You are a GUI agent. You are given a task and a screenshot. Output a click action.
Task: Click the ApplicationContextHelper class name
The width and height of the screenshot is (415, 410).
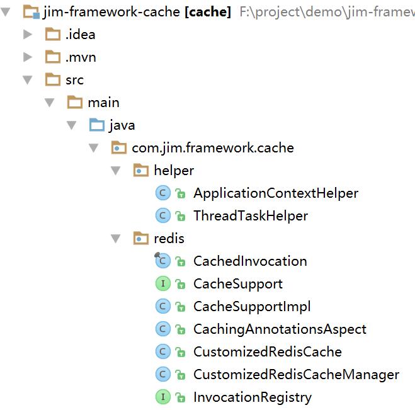pyautogui.click(x=275, y=193)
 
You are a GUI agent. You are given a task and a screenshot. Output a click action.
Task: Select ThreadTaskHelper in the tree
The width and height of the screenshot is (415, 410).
pyautogui.click(x=250, y=216)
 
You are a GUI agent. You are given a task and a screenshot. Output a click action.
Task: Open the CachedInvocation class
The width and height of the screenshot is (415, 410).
pyautogui.click(x=249, y=261)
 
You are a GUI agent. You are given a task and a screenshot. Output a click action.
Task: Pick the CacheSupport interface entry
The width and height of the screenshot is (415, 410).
pyautogui.click(x=237, y=284)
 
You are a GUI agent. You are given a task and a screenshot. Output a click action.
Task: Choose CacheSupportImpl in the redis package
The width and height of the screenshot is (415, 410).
pyautogui.click(x=251, y=307)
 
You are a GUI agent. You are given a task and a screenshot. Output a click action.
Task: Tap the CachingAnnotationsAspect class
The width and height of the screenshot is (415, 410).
pyautogui.click(x=279, y=329)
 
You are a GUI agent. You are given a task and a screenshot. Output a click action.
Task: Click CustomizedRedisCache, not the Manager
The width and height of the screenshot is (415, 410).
pyautogui.click(x=267, y=352)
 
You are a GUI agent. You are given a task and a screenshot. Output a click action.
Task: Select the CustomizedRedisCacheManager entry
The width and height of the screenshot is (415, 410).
pyautogui.click(x=296, y=375)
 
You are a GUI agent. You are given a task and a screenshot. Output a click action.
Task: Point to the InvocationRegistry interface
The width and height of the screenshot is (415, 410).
pyautogui.click(x=252, y=397)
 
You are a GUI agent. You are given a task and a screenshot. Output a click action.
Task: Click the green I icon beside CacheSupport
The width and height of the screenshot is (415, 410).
pyautogui.click(x=162, y=284)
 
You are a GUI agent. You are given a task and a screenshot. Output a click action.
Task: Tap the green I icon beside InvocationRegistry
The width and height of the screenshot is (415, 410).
pyautogui.click(x=162, y=397)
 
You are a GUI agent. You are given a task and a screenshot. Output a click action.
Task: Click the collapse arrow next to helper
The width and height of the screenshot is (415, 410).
pyautogui.click(x=116, y=171)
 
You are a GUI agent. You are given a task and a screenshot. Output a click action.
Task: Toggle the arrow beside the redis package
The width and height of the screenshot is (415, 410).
pyautogui.click(x=116, y=239)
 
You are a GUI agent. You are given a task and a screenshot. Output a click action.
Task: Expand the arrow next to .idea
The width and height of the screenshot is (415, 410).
pyautogui.click(x=27, y=35)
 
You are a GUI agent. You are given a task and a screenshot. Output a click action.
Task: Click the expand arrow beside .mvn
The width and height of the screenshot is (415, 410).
pyautogui.click(x=27, y=57)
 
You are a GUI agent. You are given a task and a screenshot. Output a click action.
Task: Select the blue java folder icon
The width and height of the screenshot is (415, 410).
pyautogui.click(x=96, y=125)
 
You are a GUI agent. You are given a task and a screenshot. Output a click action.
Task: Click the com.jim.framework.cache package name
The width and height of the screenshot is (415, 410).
pyautogui.click(x=212, y=148)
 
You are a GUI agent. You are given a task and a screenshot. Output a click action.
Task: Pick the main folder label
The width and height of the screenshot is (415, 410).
pyautogui.click(x=103, y=103)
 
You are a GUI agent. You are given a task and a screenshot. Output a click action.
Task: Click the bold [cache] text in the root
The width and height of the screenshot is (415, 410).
pyautogui.click(x=207, y=12)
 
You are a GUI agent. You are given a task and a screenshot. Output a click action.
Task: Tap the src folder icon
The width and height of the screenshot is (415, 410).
pyautogui.click(x=52, y=80)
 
